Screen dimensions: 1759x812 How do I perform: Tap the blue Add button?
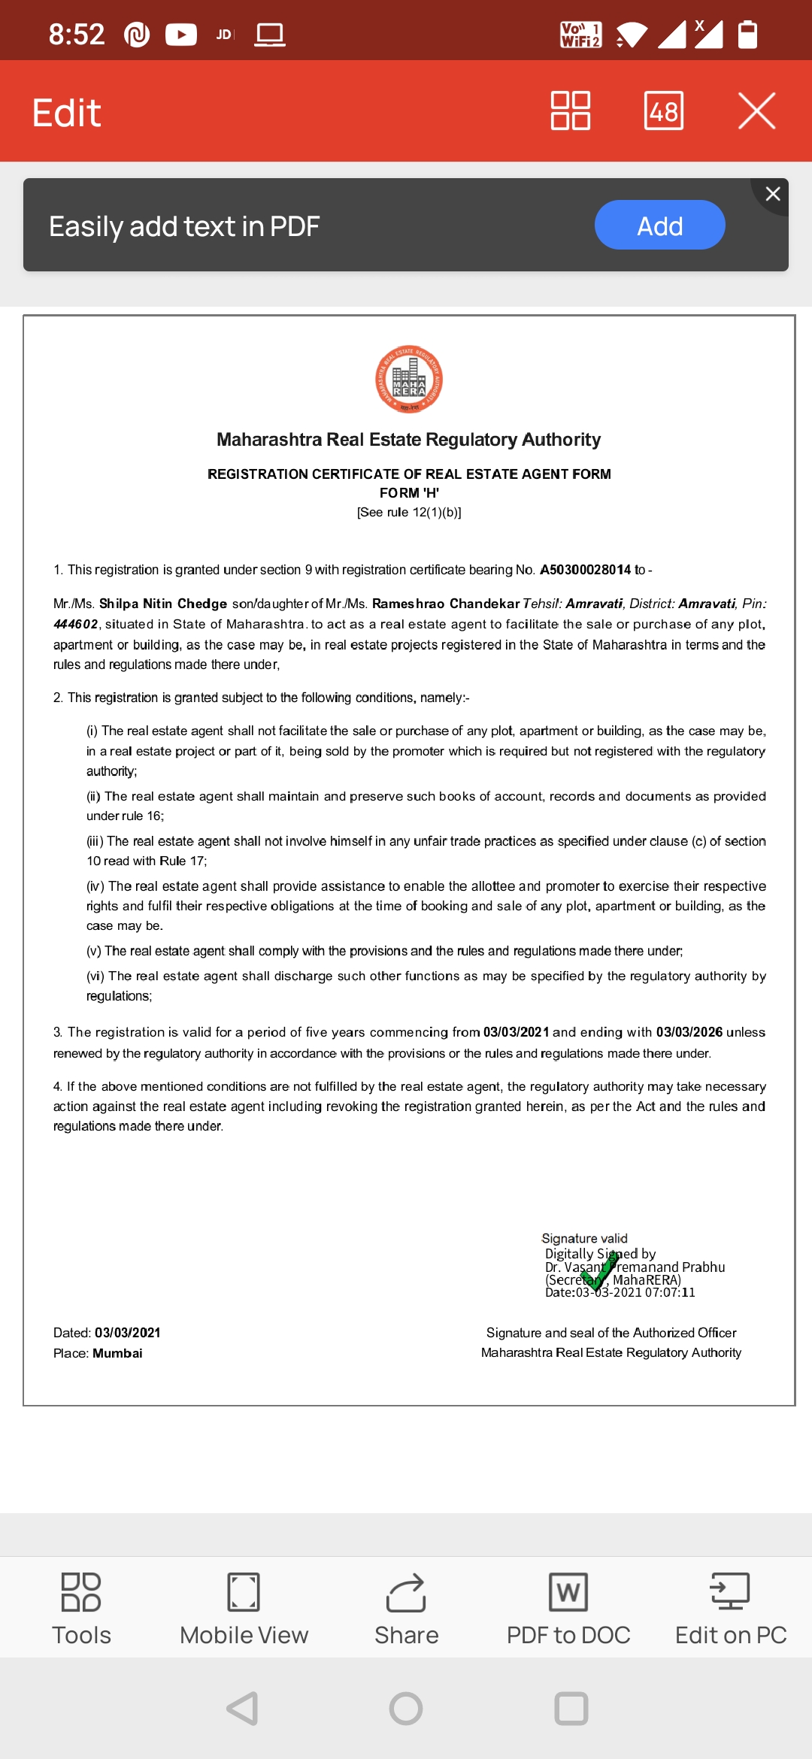pyautogui.click(x=659, y=226)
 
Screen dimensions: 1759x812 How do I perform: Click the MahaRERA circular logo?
pyautogui.click(x=409, y=380)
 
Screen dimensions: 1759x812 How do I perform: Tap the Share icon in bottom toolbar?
pyautogui.click(x=406, y=1593)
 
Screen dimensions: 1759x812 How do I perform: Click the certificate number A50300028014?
pyautogui.click(x=585, y=570)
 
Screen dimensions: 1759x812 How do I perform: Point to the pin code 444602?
pyautogui.click(x=75, y=624)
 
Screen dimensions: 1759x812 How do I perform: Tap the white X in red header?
pyautogui.click(x=756, y=111)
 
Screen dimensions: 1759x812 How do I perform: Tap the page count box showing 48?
pyautogui.click(x=664, y=111)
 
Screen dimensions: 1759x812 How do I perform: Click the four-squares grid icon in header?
pyautogui.click(x=571, y=111)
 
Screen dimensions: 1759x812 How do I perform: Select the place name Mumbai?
pyautogui.click(x=117, y=1353)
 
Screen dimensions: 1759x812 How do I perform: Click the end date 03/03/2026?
pyautogui.click(x=689, y=1032)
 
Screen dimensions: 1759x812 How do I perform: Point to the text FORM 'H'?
pyautogui.click(x=409, y=493)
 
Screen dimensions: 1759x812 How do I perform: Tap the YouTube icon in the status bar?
pyautogui.click(x=181, y=35)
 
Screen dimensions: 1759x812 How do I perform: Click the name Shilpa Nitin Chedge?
pyautogui.click(x=163, y=604)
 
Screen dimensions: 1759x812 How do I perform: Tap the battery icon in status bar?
pyautogui.click(x=747, y=35)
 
